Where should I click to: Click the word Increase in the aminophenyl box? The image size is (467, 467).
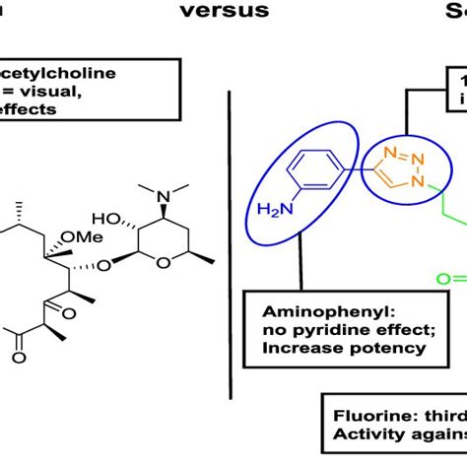pyautogui.click(x=294, y=347)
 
